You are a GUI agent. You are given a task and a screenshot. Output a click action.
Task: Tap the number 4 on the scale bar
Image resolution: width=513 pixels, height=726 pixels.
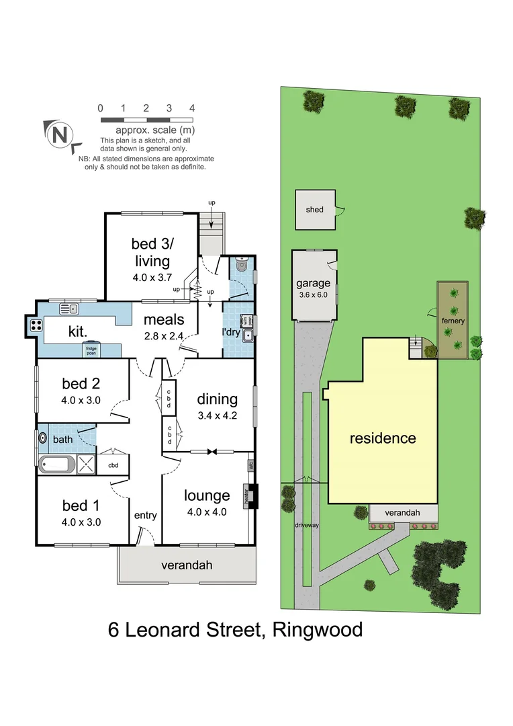[192, 108]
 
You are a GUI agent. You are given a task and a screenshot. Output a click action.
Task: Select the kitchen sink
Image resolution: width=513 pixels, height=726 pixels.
[68, 309]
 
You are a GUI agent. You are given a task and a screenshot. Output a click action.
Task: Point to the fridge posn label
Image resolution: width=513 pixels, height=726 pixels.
[91, 348]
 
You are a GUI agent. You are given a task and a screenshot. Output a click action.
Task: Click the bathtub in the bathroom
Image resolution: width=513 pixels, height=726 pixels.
[58, 463]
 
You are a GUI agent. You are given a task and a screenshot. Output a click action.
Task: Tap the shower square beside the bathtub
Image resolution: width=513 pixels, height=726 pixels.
[86, 463]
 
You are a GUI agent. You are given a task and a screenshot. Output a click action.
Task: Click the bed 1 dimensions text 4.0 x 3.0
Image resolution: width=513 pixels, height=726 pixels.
[81, 521]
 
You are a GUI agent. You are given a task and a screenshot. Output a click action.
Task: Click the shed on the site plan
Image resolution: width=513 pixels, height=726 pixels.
[314, 210]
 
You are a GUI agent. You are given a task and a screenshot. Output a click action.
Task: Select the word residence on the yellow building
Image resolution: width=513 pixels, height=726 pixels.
[383, 438]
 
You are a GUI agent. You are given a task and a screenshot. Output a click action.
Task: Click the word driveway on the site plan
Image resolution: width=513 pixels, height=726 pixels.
[306, 525]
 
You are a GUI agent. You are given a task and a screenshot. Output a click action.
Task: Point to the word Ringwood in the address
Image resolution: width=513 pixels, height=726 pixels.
[316, 630]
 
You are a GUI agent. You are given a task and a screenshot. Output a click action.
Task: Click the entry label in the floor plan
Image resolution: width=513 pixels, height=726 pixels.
[146, 516]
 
